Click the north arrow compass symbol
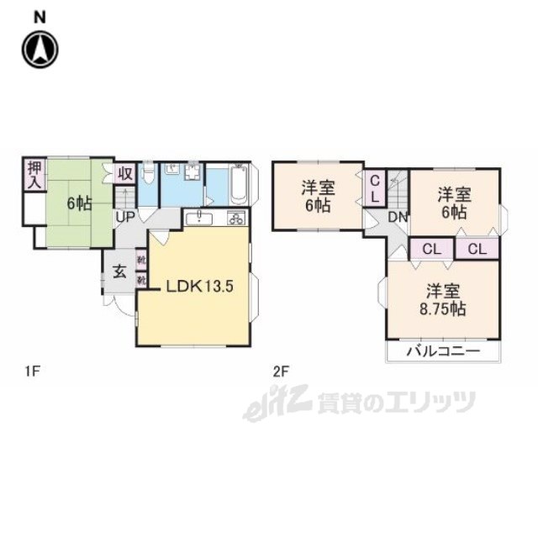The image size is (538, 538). [x=40, y=49]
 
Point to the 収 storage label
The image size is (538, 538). [x=124, y=175]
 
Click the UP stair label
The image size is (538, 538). [x=125, y=216]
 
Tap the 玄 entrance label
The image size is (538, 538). [x=119, y=272]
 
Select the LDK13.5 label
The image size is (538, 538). [x=198, y=286]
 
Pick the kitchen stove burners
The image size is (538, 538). [x=235, y=219]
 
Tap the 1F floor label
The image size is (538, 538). [x=31, y=368]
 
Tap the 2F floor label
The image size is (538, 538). [x=280, y=368]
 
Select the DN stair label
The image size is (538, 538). [x=398, y=217]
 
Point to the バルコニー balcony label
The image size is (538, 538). [x=443, y=351]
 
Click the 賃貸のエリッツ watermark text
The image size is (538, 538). [x=395, y=404]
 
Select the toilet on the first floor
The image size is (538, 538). [x=148, y=175]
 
